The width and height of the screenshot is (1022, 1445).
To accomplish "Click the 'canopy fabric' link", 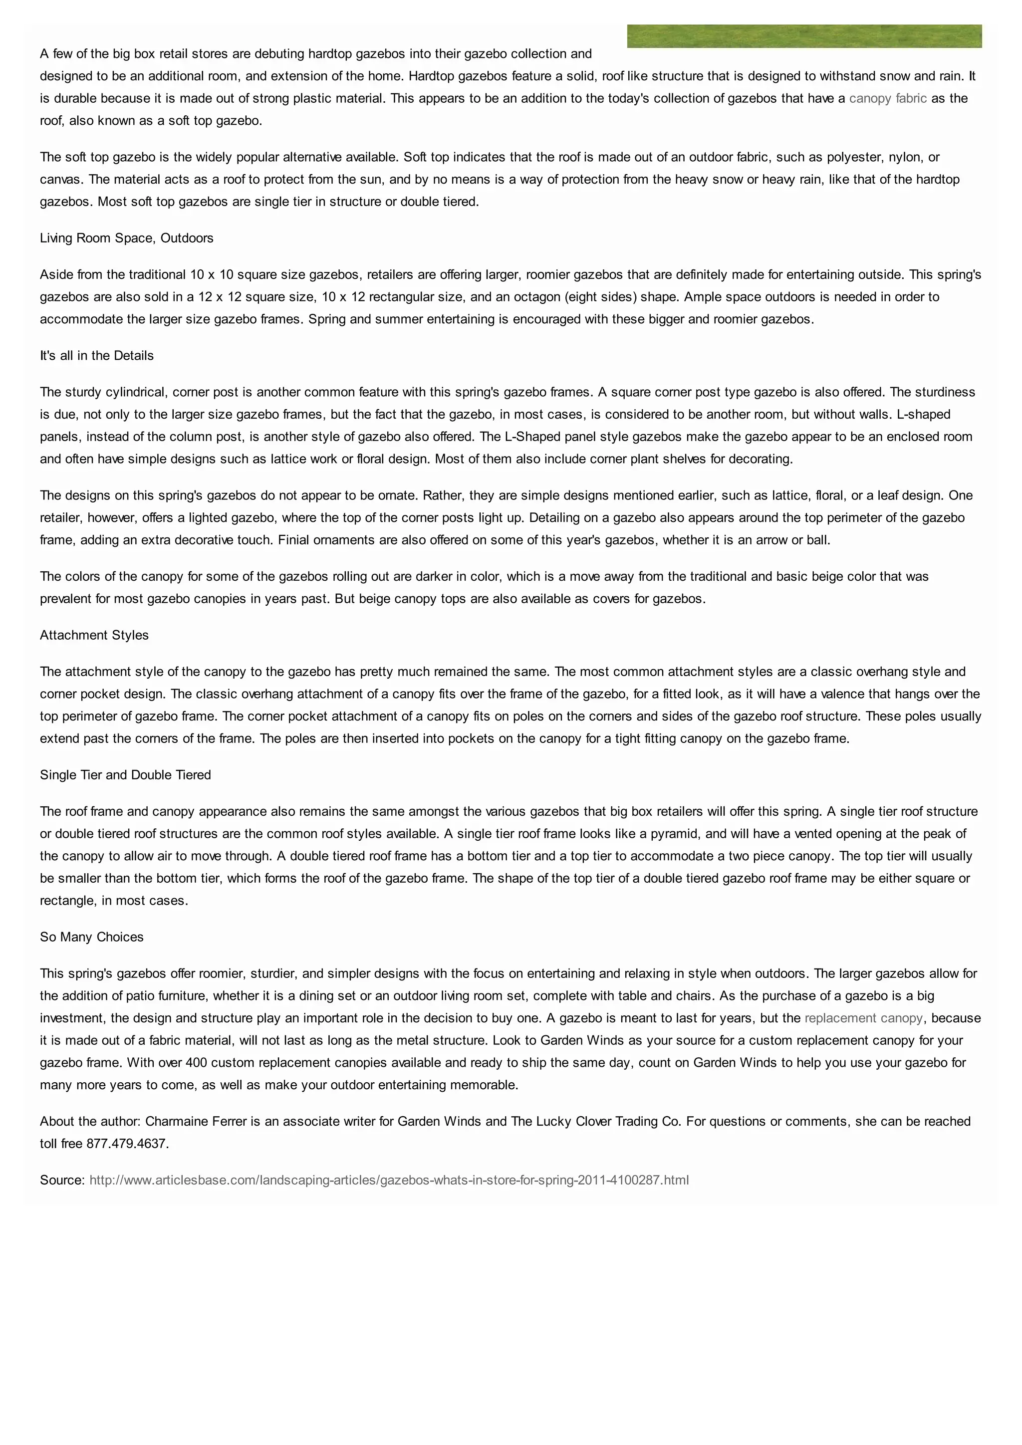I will [x=887, y=98].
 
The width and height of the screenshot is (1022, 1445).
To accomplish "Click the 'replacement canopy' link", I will [x=863, y=1018].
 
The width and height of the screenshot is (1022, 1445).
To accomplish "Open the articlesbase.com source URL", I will [x=389, y=1180].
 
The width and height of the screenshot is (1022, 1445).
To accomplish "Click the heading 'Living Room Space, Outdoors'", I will [x=126, y=238].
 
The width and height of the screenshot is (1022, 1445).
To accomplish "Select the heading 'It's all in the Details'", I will [x=97, y=356].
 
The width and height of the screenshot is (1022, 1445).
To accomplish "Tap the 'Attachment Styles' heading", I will [x=94, y=635].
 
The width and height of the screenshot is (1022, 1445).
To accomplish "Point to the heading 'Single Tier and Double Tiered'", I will [x=125, y=775].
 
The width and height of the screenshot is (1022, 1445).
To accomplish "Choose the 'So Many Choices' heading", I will [x=92, y=937].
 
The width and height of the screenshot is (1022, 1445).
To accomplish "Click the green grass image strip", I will [x=804, y=36].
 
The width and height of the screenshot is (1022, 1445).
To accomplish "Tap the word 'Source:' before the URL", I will [x=62, y=1180].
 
